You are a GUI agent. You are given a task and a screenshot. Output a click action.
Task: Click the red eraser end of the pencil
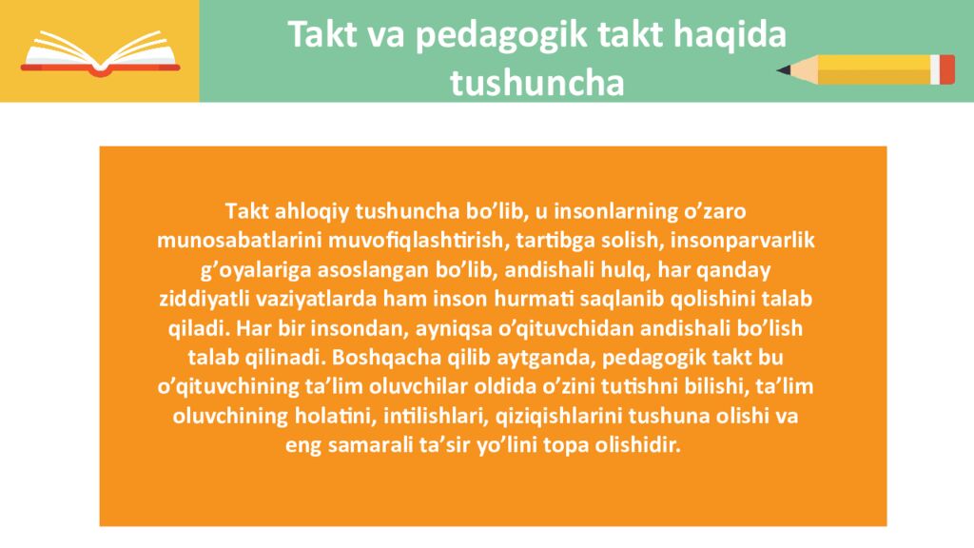pos(945,68)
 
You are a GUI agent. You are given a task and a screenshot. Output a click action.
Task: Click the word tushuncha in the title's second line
pos(536,83)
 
